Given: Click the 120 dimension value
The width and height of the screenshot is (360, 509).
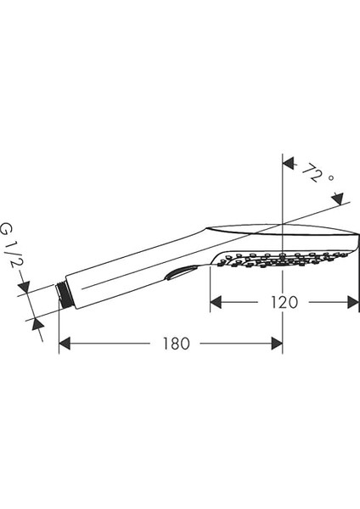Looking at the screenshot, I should click(x=284, y=301).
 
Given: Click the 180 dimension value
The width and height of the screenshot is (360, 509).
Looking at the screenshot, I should click(x=173, y=344).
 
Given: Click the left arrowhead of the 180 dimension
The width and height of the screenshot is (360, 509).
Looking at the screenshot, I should click(x=65, y=344).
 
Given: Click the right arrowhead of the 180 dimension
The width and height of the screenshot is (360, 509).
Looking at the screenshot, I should click(x=277, y=344).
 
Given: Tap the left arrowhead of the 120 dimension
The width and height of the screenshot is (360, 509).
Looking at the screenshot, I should click(x=216, y=301).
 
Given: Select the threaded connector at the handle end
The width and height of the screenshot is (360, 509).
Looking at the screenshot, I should click(x=62, y=297).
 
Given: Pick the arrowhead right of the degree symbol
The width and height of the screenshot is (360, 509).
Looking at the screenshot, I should click(x=340, y=200).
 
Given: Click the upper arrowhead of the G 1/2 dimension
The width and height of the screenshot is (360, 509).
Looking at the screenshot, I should click(x=27, y=289).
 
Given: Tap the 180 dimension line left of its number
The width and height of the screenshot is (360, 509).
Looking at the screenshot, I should click(x=110, y=344).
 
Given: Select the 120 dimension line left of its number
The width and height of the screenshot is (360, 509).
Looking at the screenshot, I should click(x=242, y=301).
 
